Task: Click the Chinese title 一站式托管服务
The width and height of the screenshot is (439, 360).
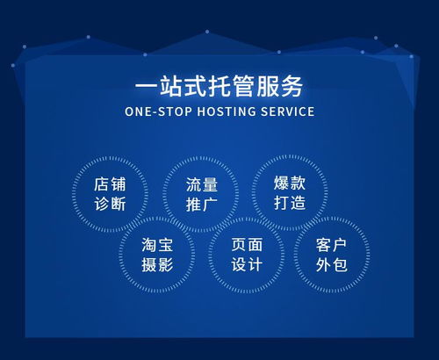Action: [x=219, y=86]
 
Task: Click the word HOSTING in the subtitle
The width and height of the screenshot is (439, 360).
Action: [x=219, y=112]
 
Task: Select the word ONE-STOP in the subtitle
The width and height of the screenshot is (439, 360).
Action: [x=155, y=112]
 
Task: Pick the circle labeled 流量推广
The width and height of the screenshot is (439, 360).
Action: [x=201, y=194]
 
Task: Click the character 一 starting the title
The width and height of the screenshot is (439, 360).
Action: [x=147, y=86]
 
